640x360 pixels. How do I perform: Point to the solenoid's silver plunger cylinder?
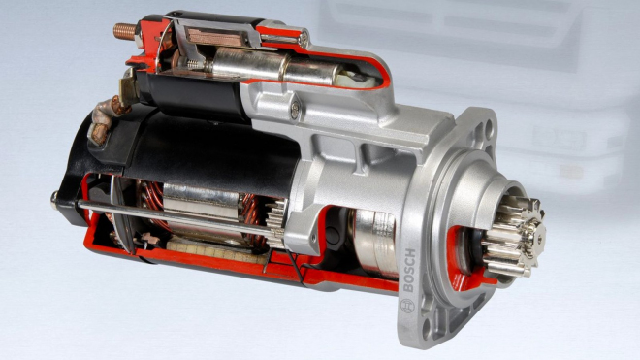pyautogui.click(x=252, y=69)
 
